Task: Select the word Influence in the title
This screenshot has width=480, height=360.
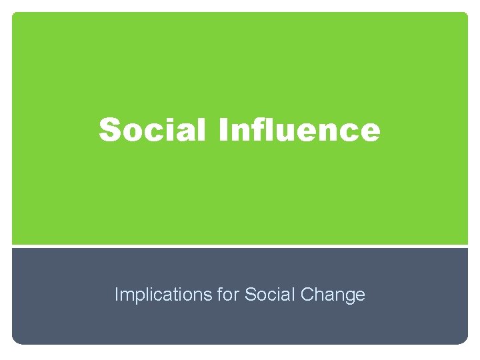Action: [299, 129]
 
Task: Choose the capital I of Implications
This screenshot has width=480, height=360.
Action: [117, 294]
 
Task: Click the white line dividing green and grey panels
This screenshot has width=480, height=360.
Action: [240, 246]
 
